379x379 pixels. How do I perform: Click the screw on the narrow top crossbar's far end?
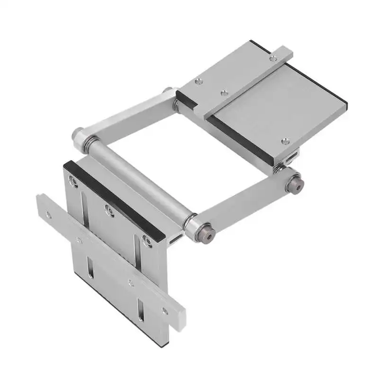click(x=273, y=58)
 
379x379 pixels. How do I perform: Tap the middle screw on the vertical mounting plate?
click(x=109, y=210)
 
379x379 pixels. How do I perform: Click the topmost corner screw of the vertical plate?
click(x=73, y=180)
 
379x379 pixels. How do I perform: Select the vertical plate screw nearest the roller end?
click(x=147, y=242)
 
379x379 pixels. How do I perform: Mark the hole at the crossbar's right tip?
click(x=164, y=311)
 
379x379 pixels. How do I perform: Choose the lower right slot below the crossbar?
click(x=140, y=310)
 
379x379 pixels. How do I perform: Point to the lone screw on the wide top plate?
click(x=284, y=141)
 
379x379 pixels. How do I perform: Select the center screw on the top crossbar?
click(x=225, y=93)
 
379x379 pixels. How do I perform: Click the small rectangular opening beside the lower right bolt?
click(x=177, y=235)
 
